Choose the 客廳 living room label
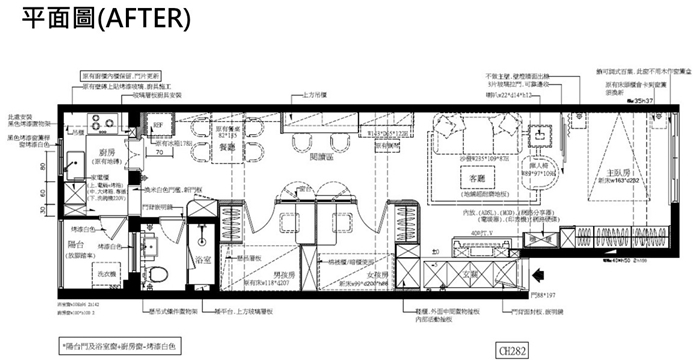click(469, 178)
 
